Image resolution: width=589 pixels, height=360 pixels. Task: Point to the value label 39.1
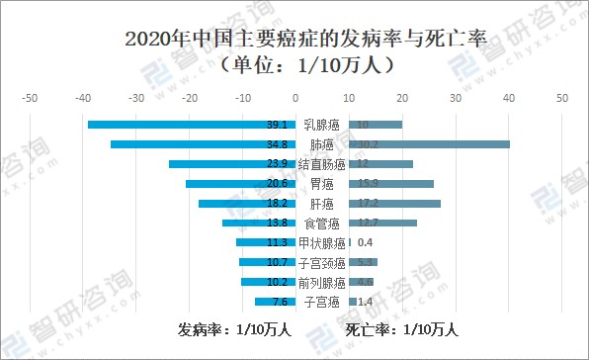coord(277,125)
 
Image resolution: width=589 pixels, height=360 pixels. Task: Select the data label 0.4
coord(365,242)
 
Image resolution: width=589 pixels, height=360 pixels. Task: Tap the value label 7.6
coord(279,302)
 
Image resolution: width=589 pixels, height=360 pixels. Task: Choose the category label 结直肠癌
coord(321,164)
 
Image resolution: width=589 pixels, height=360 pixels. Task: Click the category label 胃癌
coord(321,184)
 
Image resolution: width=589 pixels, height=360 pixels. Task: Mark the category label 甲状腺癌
coord(321,242)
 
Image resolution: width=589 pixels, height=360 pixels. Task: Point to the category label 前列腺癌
coord(321,282)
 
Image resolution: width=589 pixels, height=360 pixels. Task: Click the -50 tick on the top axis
coord(30,98)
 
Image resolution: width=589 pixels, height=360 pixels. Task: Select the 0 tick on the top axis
coord(294,98)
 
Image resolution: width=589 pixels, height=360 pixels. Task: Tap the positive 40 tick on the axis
coord(508,98)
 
